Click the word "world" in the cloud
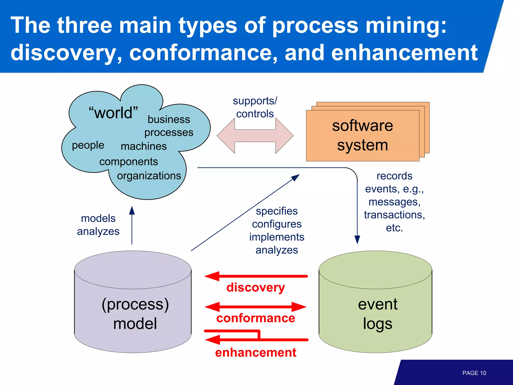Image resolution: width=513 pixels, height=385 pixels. tap(113, 113)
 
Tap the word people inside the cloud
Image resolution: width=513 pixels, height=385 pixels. tap(88, 145)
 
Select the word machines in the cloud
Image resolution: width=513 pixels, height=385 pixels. tap(144, 146)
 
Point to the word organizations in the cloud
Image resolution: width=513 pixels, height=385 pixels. tap(149, 176)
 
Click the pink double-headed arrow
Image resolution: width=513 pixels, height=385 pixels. tap(255, 136)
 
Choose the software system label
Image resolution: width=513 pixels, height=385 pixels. tap(362, 135)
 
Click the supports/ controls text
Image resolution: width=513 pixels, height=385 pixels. tap(255, 107)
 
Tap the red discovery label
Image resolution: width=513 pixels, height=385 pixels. tap(255, 287)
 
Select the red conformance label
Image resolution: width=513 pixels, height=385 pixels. tap(255, 318)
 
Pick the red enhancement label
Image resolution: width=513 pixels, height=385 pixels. tap(255, 352)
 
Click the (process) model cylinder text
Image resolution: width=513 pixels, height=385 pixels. tap(135, 314)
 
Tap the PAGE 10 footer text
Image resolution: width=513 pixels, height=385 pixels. tap(474, 373)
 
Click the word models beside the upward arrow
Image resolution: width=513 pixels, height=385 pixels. tap(98, 219)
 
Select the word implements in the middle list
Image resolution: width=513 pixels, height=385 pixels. tap(277, 237)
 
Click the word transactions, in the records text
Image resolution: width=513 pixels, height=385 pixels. tap(394, 215)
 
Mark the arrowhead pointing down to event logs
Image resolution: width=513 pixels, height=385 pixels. tap(357, 239)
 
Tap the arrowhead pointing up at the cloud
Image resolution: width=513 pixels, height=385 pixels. tap(132, 211)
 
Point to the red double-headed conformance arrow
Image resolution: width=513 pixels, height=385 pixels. tap(255, 307)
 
